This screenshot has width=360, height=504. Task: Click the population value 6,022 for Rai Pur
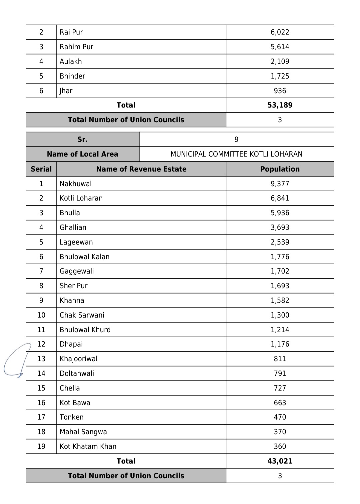[x=280, y=32]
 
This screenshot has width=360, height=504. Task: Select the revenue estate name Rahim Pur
[x=76, y=47]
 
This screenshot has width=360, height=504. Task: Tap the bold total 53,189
[x=280, y=105]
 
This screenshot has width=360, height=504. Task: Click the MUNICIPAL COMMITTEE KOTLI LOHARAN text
[x=236, y=154]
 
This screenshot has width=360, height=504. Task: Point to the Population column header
[x=280, y=169]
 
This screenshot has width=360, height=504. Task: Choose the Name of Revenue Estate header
[x=141, y=169]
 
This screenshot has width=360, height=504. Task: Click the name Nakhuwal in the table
[x=75, y=184]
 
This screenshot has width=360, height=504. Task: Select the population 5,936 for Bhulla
[x=280, y=213]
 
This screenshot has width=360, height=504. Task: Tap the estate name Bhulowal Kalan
[x=84, y=257]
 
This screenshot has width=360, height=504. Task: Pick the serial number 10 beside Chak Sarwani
[x=41, y=315]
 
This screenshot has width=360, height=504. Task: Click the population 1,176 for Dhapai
[x=280, y=344]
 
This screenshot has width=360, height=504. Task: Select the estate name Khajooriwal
[x=78, y=359]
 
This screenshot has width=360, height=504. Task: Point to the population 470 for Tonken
[x=280, y=417]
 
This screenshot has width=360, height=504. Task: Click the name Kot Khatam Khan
[x=88, y=447]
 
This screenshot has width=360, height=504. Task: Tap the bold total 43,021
[x=280, y=461]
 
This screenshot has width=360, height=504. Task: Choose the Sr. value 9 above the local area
[x=236, y=140]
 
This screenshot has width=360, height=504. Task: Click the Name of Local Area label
[x=82, y=154]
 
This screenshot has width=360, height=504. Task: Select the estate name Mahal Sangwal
[x=84, y=432]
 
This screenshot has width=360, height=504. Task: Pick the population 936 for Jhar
[x=280, y=91]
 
